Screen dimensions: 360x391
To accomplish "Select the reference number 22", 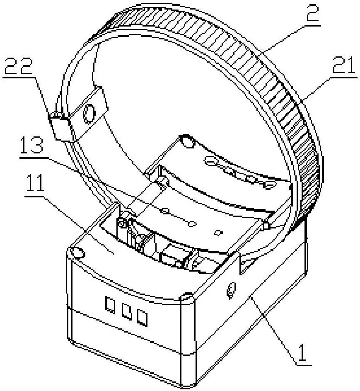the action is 19,66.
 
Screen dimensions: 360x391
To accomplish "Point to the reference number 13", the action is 31,144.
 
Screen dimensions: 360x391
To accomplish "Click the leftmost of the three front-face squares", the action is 110,304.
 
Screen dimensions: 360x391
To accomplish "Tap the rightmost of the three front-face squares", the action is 143,318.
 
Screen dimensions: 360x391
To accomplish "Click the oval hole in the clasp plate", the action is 89,114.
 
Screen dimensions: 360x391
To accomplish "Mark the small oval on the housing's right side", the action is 231,290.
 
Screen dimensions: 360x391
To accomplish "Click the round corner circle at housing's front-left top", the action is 77,253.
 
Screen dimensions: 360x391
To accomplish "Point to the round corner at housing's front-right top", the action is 187,298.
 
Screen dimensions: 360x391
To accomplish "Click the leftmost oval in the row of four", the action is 211,161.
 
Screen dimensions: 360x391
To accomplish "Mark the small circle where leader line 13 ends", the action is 191,224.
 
